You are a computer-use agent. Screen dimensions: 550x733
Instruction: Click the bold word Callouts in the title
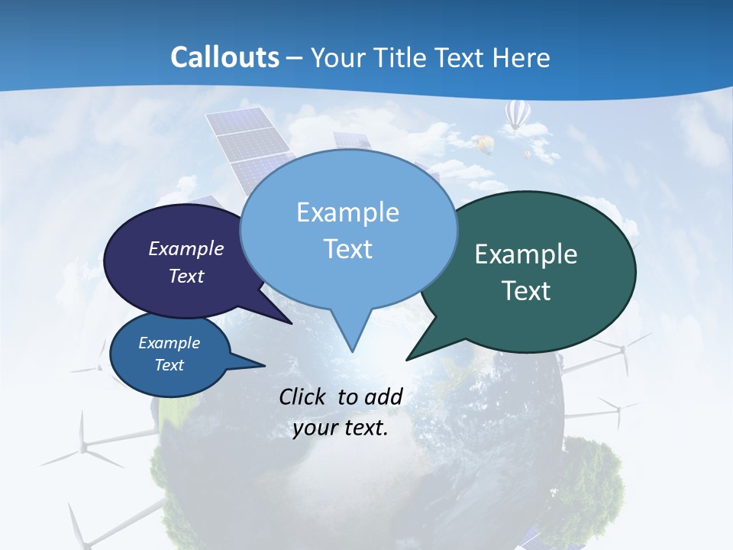225,57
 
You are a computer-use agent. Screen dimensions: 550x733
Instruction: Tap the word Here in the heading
521,58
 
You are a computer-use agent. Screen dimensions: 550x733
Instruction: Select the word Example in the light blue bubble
347,212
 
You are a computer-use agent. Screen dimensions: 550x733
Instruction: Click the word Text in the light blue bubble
347,249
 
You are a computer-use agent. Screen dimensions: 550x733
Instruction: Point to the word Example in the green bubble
526,254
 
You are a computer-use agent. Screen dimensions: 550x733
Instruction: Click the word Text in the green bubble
526,291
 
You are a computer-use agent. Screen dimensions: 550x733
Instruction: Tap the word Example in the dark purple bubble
186,248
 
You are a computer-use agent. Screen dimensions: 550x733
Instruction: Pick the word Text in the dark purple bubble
186,276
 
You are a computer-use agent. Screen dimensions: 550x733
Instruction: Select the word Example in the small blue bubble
170,343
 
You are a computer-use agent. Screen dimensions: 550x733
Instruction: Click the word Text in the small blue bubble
170,365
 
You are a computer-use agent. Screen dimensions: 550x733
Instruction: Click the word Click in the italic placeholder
305,396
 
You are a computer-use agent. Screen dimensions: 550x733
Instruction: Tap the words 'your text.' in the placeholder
341,428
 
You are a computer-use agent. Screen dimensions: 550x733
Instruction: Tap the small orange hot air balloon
484,143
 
